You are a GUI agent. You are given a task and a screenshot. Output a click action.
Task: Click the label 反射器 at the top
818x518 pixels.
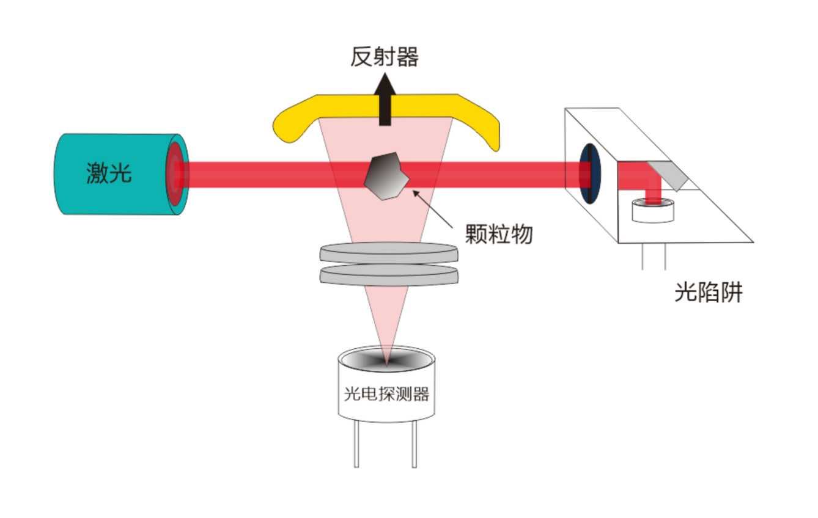(384, 57)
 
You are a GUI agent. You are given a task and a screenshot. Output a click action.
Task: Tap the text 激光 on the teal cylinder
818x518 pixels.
(109, 172)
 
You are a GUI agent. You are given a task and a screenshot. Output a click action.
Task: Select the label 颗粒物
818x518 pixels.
(498, 234)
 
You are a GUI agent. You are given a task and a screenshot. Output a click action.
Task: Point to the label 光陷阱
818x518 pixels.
(708, 292)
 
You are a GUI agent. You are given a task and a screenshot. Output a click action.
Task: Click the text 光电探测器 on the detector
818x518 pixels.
(386, 394)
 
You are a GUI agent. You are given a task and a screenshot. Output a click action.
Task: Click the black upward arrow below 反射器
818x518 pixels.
(385, 99)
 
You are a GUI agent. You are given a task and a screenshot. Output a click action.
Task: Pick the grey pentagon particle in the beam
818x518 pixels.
(386, 176)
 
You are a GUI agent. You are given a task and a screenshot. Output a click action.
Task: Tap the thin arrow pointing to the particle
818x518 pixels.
(433, 209)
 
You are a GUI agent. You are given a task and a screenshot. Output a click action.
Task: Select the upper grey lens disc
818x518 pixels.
(389, 253)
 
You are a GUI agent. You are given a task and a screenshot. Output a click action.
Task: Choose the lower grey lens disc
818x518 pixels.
(389, 275)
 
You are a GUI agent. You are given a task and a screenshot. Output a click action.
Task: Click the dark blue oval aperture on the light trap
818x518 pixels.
(590, 173)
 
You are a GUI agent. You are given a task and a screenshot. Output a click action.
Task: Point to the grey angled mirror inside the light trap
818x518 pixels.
(668, 176)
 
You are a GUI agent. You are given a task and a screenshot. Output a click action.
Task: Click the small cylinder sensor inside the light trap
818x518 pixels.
(653, 211)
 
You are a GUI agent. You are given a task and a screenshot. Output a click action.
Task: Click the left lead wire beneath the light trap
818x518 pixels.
(643, 257)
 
